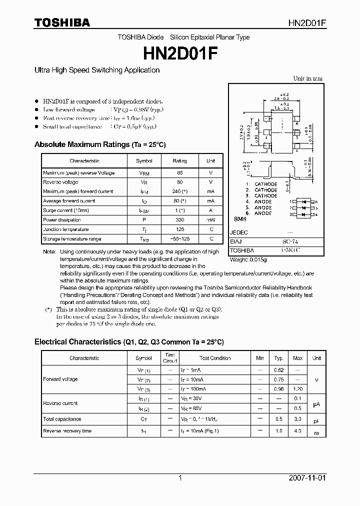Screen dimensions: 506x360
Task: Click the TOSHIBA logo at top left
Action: pos(62,22)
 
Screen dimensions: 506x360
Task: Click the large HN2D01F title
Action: pos(180,52)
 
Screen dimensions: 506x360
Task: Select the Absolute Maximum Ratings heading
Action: pos(100,144)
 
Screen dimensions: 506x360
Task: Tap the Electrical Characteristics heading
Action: pos(129,342)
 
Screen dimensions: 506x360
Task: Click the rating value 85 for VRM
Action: pos(179,173)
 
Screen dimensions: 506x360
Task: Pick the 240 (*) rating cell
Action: pos(179,191)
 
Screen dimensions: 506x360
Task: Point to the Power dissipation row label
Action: pos(62,220)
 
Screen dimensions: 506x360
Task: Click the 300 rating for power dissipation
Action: pos(179,220)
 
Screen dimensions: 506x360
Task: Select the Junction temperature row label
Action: pos(66,229)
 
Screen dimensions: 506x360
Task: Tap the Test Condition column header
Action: pos(215,358)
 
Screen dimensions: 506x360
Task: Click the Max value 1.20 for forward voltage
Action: pos(297,388)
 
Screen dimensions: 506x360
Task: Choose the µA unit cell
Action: pos(316,403)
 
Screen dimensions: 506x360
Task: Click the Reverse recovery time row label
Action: pos(67,431)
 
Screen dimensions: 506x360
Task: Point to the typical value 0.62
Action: pos(279,370)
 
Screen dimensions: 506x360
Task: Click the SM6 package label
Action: pos(240,219)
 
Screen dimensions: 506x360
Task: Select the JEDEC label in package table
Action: pos(238,232)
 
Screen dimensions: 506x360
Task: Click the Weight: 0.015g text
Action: pos(248,260)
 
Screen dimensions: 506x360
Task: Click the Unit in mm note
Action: pos(307,78)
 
